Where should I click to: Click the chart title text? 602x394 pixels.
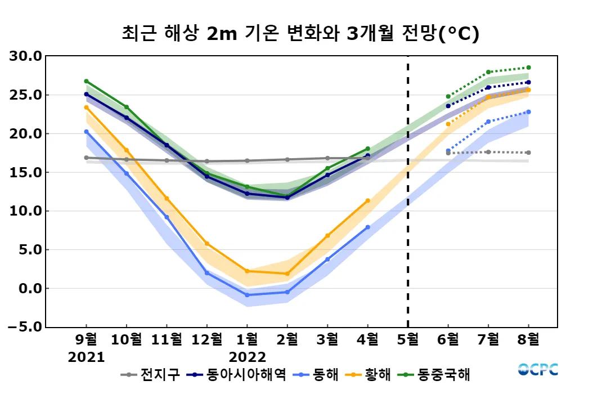tap(300, 34)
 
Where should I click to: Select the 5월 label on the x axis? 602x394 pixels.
tap(408, 340)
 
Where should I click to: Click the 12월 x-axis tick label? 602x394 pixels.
tap(206, 340)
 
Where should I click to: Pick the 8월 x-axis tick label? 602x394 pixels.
tap(528, 340)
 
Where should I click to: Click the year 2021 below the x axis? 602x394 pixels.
tap(87, 357)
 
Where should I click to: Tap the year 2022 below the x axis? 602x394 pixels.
tap(248, 357)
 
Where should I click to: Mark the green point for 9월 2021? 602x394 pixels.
tap(87, 81)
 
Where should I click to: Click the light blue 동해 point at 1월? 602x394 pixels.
tap(247, 295)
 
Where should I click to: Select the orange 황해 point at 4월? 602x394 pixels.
tap(367, 200)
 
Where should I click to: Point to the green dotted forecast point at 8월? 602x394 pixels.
tap(528, 68)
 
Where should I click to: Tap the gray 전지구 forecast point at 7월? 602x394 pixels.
tap(488, 152)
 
